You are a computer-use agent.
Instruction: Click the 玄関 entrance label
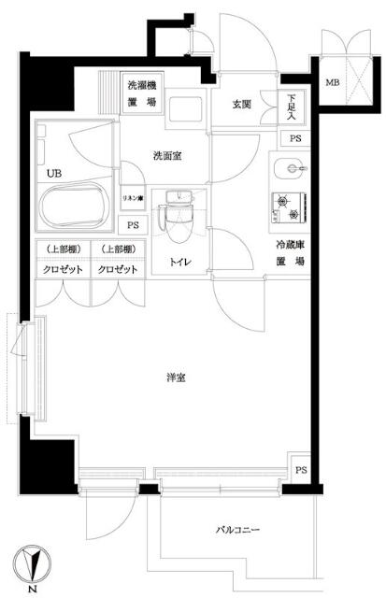click(x=241, y=105)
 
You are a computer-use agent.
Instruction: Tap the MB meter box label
click(x=333, y=83)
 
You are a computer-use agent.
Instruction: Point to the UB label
click(x=46, y=173)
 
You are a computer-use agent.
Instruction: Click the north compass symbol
click(x=34, y=563)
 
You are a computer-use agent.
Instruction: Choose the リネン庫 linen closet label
click(x=131, y=197)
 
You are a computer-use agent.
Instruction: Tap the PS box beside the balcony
click(x=300, y=470)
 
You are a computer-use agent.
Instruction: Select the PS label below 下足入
click(x=294, y=139)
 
